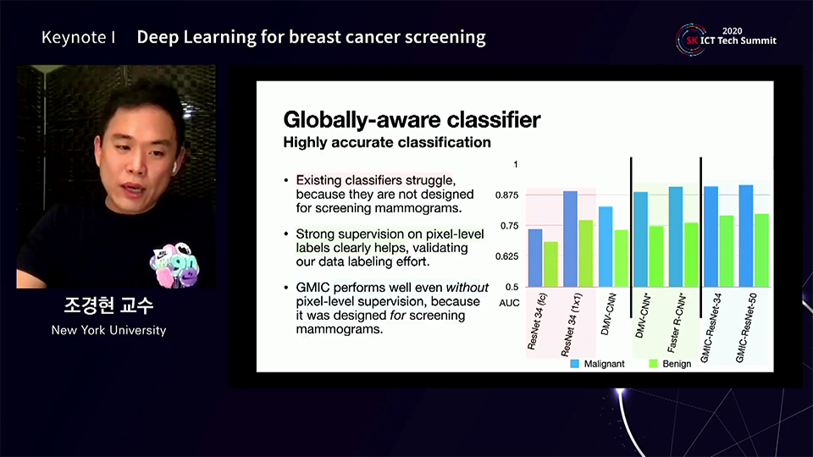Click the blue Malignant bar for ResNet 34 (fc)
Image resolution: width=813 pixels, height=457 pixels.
(535, 257)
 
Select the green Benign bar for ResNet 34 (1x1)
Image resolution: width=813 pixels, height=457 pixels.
(586, 253)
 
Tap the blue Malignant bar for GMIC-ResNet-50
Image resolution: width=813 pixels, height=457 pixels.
(746, 236)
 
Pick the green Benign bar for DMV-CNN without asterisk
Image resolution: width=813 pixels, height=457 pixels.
(621, 258)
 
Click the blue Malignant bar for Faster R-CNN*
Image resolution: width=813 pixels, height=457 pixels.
(676, 237)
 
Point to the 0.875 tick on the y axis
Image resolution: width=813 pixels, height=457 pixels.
(506, 195)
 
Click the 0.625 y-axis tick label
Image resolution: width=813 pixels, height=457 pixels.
(506, 256)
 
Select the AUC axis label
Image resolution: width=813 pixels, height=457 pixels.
(509, 303)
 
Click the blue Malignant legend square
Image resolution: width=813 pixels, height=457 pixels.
(574, 364)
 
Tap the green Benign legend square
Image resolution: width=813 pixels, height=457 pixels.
(653, 364)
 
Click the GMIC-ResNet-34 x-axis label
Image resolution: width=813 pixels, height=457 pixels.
(711, 328)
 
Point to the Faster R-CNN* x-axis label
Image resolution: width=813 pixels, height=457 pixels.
(677, 323)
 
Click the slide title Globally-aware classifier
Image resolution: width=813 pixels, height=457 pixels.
(412, 119)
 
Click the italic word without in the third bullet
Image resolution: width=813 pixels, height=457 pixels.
(467, 288)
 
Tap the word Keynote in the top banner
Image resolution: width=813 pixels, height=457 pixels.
(74, 37)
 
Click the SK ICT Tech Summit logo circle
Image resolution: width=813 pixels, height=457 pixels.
(691, 40)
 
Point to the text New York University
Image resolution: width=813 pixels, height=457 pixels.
(109, 330)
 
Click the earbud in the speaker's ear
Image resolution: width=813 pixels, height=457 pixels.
(174, 167)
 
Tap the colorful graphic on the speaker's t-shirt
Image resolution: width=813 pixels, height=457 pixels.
(174, 265)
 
